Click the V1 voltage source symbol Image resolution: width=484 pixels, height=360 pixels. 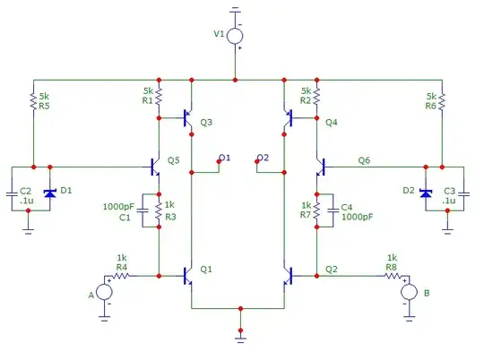click(x=235, y=37)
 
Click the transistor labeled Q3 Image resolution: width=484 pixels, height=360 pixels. click(x=186, y=117)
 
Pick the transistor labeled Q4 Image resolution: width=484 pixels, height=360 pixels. click(x=288, y=117)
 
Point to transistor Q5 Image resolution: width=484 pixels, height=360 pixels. click(x=154, y=167)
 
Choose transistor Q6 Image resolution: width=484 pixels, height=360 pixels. click(x=320, y=167)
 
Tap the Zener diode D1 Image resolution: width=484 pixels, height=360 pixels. click(x=50, y=193)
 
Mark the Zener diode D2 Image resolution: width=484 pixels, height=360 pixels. click(x=425, y=193)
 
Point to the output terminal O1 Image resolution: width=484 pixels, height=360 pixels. click(x=220, y=159)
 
